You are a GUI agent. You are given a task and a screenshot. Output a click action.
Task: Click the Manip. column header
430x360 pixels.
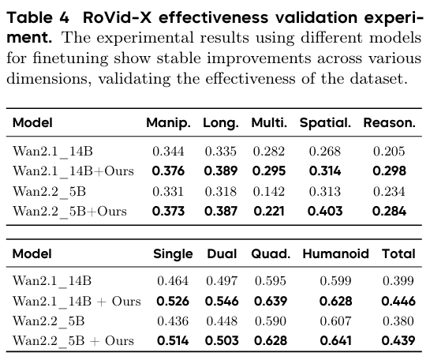169,123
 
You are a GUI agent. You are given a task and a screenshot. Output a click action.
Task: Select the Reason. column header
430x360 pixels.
389,123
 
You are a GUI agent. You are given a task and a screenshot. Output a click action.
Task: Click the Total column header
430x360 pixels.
398,253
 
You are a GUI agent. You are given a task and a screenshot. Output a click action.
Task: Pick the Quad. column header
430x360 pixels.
269,253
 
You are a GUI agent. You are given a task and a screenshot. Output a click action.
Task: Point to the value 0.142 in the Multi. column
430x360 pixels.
268,190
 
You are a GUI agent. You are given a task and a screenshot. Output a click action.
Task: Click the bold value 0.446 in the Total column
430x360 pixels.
398,301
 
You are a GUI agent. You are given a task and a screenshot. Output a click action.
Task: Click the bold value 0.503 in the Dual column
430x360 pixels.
222,342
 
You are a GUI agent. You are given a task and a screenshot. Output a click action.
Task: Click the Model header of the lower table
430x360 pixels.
32,253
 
